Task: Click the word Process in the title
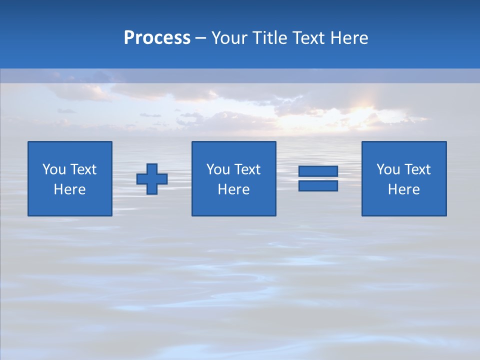pos(157,38)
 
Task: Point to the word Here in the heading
pos(349,38)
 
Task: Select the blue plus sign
pos(152,179)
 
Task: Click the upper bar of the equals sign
pos(318,171)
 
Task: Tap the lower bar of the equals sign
pos(318,185)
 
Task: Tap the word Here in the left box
pos(70,189)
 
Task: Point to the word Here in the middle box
pos(233,189)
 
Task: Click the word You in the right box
pos(388,169)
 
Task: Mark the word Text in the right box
pos(417,169)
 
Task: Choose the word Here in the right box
pos(404,189)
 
